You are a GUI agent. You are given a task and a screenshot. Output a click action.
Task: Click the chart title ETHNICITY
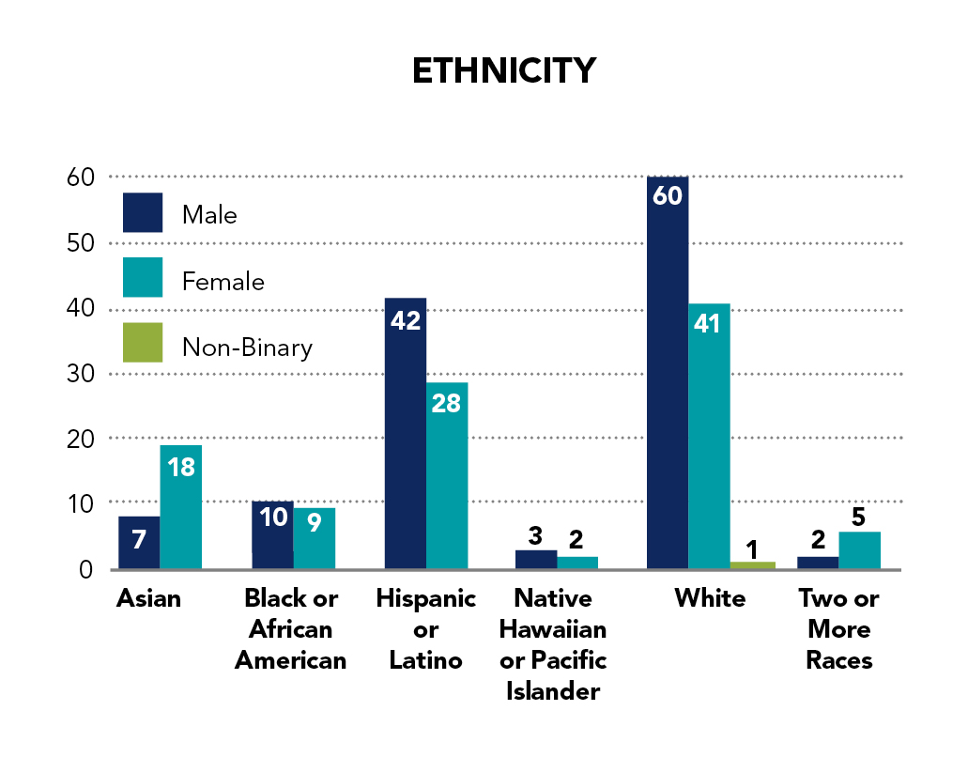point(504,71)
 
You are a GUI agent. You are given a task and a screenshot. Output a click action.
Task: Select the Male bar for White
point(668,376)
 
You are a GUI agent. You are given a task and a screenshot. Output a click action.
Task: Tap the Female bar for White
point(709,437)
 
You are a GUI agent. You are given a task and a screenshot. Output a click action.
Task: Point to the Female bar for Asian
point(180,507)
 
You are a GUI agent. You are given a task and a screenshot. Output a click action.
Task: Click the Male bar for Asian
point(139,543)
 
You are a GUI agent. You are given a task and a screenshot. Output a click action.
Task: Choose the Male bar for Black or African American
point(272,535)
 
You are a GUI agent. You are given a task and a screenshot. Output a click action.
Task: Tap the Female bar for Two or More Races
point(859,550)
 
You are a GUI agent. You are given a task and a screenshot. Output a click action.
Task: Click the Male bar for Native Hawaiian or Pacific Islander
point(536,560)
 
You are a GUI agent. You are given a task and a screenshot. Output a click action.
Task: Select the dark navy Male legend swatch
point(143,213)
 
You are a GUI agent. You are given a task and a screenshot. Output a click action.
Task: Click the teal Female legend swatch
point(143,278)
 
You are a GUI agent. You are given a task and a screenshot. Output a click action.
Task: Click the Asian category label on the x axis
point(148,598)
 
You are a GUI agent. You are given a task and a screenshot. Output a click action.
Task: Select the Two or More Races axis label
point(838,629)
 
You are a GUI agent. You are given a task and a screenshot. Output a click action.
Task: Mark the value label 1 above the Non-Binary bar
point(751,547)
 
